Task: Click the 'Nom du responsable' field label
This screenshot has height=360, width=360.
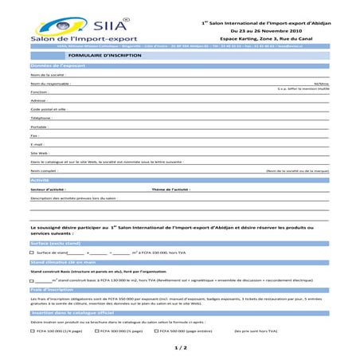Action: click(50, 83)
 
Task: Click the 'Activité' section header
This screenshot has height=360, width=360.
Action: click(41, 181)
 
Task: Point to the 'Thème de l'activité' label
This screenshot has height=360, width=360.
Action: click(170, 190)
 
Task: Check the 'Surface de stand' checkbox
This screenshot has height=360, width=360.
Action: click(32, 252)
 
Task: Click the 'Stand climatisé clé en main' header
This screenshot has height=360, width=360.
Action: click(63, 261)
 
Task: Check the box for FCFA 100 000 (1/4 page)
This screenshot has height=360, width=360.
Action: click(32, 331)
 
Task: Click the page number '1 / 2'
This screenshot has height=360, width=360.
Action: click(180, 348)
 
